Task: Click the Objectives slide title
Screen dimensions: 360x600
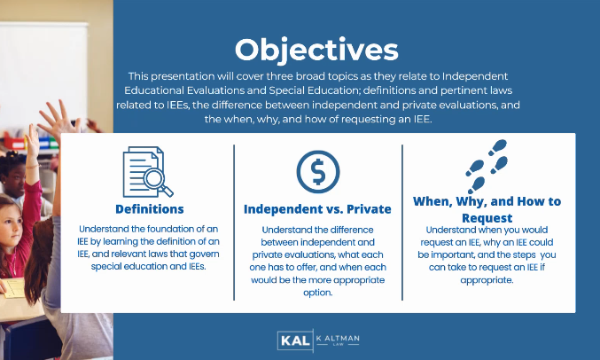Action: pyautogui.click(x=316, y=46)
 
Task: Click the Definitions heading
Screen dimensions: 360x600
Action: pyautogui.click(x=150, y=209)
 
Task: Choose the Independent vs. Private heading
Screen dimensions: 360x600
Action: pyautogui.click(x=317, y=210)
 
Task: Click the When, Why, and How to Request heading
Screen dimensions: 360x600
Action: pyautogui.click(x=487, y=209)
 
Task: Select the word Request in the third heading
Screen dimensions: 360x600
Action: pyautogui.click(x=487, y=217)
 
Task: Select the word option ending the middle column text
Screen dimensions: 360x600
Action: pyautogui.click(x=317, y=293)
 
